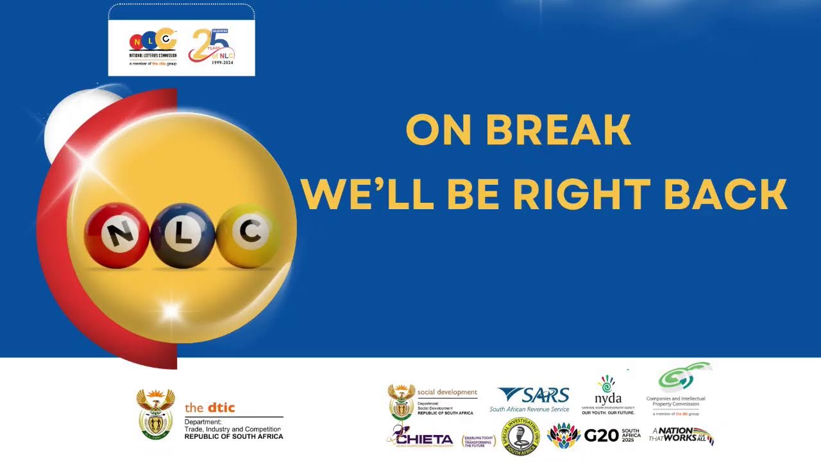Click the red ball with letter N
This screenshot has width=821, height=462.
pyautogui.click(x=116, y=235)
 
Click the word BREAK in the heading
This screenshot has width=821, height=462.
pyautogui.click(x=558, y=130)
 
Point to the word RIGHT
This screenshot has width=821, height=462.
pyautogui.click(x=582, y=194)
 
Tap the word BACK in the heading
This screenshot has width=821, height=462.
pyautogui.click(x=724, y=194)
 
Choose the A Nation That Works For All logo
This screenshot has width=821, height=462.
pyautogui.click(x=681, y=436)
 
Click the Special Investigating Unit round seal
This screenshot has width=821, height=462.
pyautogui.click(x=520, y=437)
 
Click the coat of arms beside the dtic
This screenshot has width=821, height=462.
pyautogui.click(x=155, y=414)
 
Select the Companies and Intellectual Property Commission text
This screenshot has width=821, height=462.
pyautogui.click(x=675, y=402)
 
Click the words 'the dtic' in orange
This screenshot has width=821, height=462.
pyautogui.click(x=210, y=407)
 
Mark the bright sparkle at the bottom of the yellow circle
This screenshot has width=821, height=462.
pyautogui.click(x=171, y=311)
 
